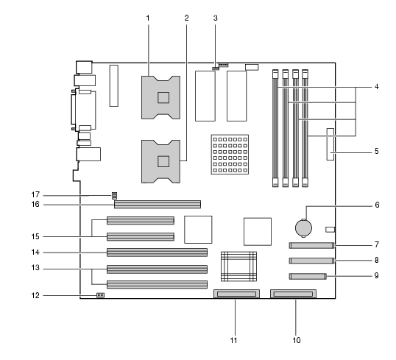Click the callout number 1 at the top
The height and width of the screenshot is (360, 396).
tap(148, 18)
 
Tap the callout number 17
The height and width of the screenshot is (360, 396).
tap(35, 195)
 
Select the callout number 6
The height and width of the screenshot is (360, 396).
tap(377, 205)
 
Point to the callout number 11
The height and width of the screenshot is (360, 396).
tap(233, 341)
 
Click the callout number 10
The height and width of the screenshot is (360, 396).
tap(297, 341)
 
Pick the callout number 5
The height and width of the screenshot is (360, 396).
tap(377, 152)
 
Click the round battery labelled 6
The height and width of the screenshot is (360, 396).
tap(303, 228)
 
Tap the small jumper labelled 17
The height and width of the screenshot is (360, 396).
tap(114, 195)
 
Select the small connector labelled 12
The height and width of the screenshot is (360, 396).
tap(101, 295)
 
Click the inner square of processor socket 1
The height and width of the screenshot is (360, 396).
tap(163, 97)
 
